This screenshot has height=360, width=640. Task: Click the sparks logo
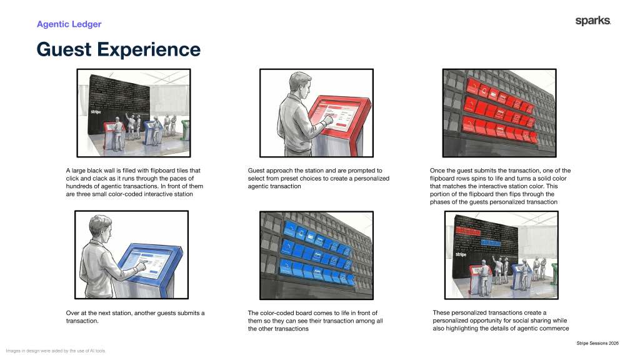(x=592, y=21)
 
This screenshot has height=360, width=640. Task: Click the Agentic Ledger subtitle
(x=69, y=24)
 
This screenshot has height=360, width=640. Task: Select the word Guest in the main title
(x=64, y=49)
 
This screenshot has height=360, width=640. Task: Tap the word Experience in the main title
(x=149, y=50)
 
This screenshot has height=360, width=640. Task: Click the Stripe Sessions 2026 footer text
(x=597, y=343)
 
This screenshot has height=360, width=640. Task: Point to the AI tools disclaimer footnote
(x=56, y=351)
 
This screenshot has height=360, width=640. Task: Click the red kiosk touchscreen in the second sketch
(x=338, y=116)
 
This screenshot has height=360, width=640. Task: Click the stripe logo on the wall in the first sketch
(x=96, y=111)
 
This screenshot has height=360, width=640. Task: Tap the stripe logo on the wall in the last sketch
(x=461, y=254)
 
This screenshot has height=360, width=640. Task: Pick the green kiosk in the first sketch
(x=186, y=129)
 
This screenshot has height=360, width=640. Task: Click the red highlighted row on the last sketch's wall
(x=469, y=231)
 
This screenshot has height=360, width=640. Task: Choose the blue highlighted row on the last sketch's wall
(x=491, y=242)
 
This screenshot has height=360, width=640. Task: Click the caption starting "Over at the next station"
(x=135, y=317)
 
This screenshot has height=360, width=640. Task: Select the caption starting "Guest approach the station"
(x=318, y=178)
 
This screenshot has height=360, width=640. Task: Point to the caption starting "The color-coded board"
(x=315, y=321)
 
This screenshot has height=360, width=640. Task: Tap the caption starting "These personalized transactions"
(x=501, y=321)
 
